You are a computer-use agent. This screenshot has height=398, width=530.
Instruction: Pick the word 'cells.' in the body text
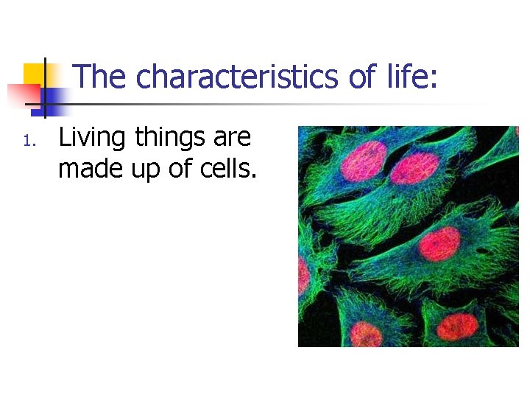(x=228, y=170)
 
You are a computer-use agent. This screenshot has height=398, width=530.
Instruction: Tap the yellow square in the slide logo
(x=34, y=74)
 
